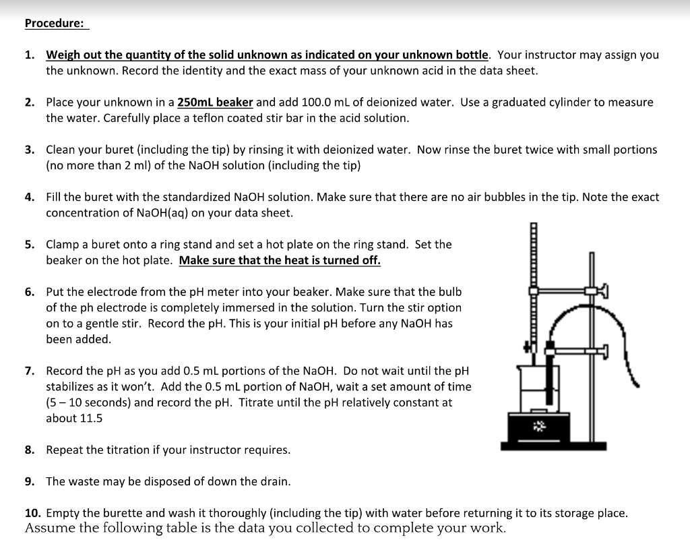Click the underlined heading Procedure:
55,24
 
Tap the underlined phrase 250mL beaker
215,102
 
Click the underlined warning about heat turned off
280,260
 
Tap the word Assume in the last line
49,528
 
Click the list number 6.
30,292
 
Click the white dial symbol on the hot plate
538,425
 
